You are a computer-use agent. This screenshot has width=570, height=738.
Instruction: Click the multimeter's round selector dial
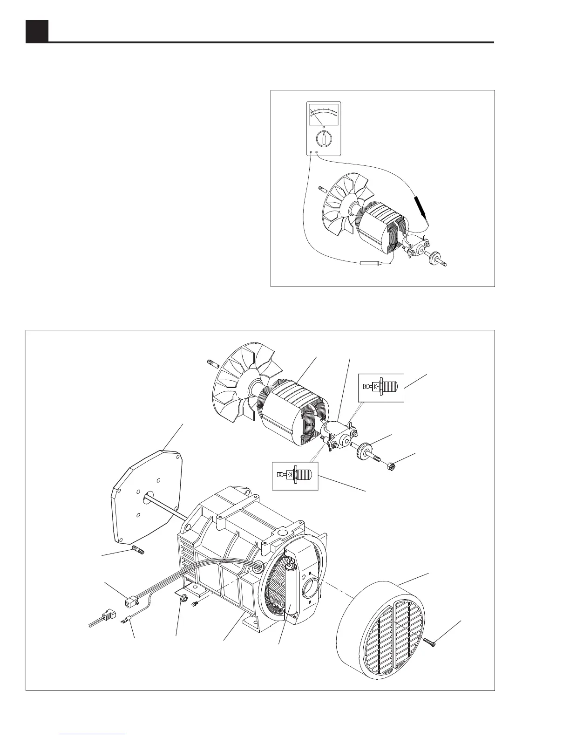[x=324, y=138]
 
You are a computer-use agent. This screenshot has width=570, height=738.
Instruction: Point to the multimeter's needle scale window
[x=324, y=114]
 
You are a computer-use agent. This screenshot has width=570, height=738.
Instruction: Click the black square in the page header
[x=37, y=31]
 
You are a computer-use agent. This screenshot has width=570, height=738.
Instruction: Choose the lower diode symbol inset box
[x=295, y=476]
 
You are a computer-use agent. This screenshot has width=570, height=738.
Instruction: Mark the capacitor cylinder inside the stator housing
[x=292, y=594]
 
